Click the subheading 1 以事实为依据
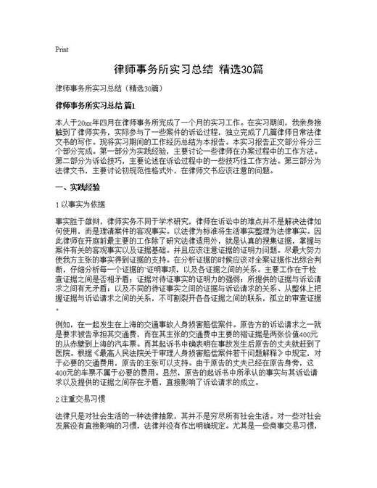click(x=80, y=204)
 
